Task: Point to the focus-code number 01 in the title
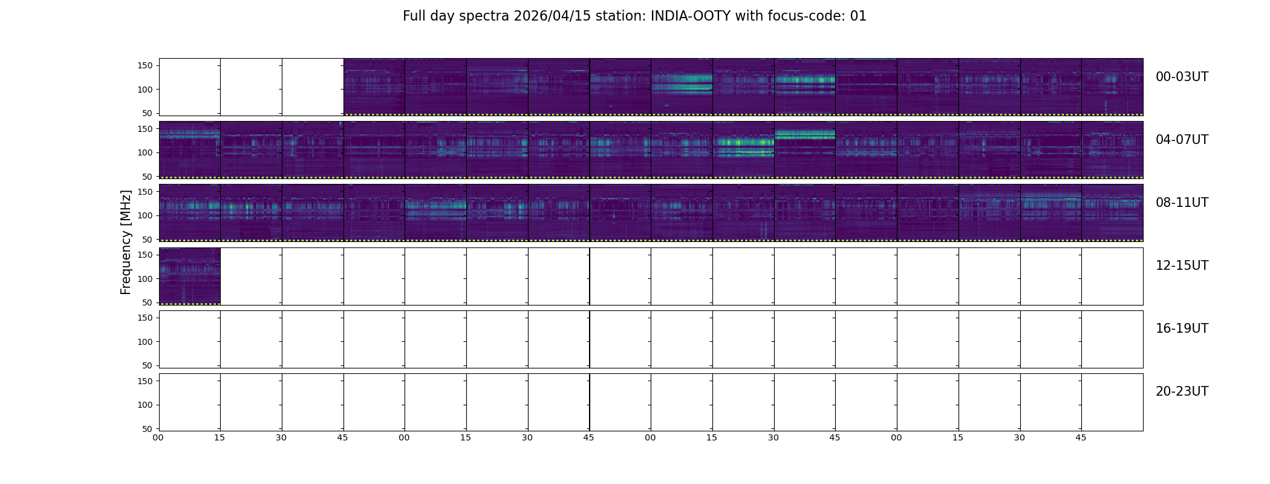pyautogui.click(x=858, y=16)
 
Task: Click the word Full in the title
pyautogui.click(x=414, y=16)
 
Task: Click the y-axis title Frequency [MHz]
pyautogui.click(x=126, y=242)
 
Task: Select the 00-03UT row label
pyautogui.click(x=1182, y=77)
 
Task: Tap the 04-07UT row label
pyautogui.click(x=1182, y=140)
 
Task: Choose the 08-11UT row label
pyautogui.click(x=1182, y=203)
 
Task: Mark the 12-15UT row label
pyautogui.click(x=1182, y=266)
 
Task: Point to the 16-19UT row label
pyautogui.click(x=1182, y=329)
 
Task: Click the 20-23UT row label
pyautogui.click(x=1182, y=391)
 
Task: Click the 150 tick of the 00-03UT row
pyautogui.click(x=145, y=66)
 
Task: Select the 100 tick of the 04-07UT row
pyautogui.click(x=145, y=153)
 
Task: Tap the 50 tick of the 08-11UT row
pyautogui.click(x=148, y=240)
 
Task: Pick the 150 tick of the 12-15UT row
pyautogui.click(x=145, y=255)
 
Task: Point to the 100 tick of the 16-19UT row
pyautogui.click(x=145, y=342)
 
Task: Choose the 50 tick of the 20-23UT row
pyautogui.click(x=148, y=429)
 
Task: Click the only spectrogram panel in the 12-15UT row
pyautogui.click(x=190, y=276)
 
